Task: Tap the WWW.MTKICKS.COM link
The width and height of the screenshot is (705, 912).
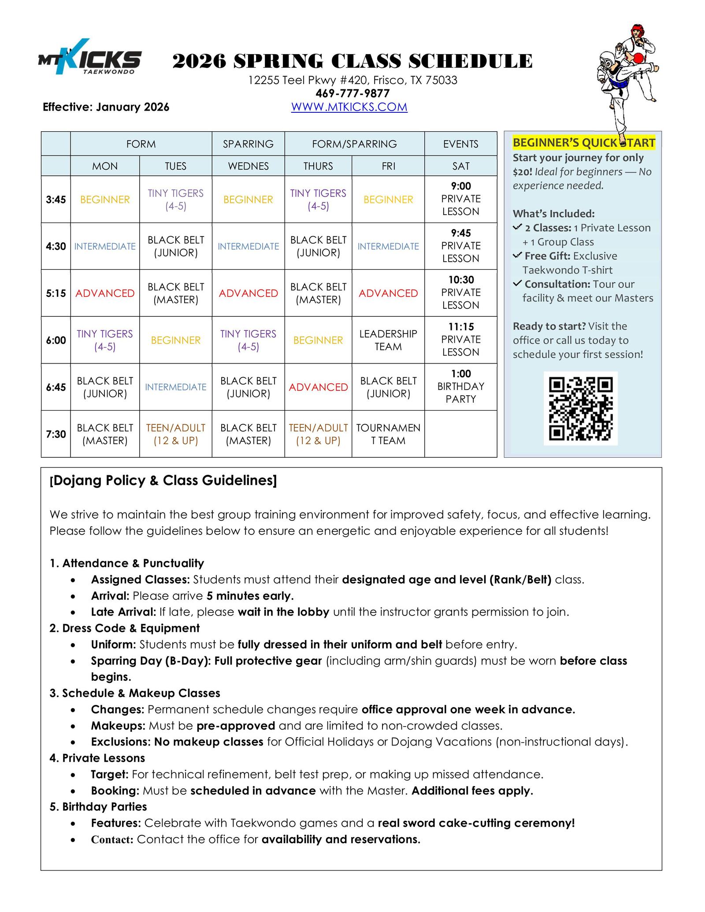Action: click(x=349, y=107)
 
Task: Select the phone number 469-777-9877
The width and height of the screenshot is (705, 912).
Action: click(x=352, y=93)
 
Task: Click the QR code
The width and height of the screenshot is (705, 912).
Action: click(x=580, y=408)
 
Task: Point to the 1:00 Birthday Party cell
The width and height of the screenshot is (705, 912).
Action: click(x=460, y=386)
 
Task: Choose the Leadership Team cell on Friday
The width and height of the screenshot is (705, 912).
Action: click(x=388, y=340)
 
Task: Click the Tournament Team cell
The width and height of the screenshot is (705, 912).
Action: click(x=388, y=434)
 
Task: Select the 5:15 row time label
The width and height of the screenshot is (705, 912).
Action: click(x=56, y=293)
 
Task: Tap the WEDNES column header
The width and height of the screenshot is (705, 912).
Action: click(x=248, y=166)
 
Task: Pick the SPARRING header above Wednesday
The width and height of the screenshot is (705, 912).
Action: click(x=248, y=144)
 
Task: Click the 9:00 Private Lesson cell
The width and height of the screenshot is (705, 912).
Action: click(x=460, y=199)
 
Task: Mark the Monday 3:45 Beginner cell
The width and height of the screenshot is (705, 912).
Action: click(x=105, y=200)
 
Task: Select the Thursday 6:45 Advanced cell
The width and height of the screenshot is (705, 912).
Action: click(x=318, y=387)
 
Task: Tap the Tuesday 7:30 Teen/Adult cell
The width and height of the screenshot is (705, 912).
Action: click(x=175, y=434)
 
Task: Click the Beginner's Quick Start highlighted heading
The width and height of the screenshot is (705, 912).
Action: click(x=584, y=143)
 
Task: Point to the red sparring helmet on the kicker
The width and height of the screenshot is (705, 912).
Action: click(x=636, y=32)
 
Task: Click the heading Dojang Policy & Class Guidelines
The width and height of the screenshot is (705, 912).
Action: click(x=163, y=480)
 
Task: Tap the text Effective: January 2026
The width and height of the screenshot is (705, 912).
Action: click(x=106, y=107)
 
